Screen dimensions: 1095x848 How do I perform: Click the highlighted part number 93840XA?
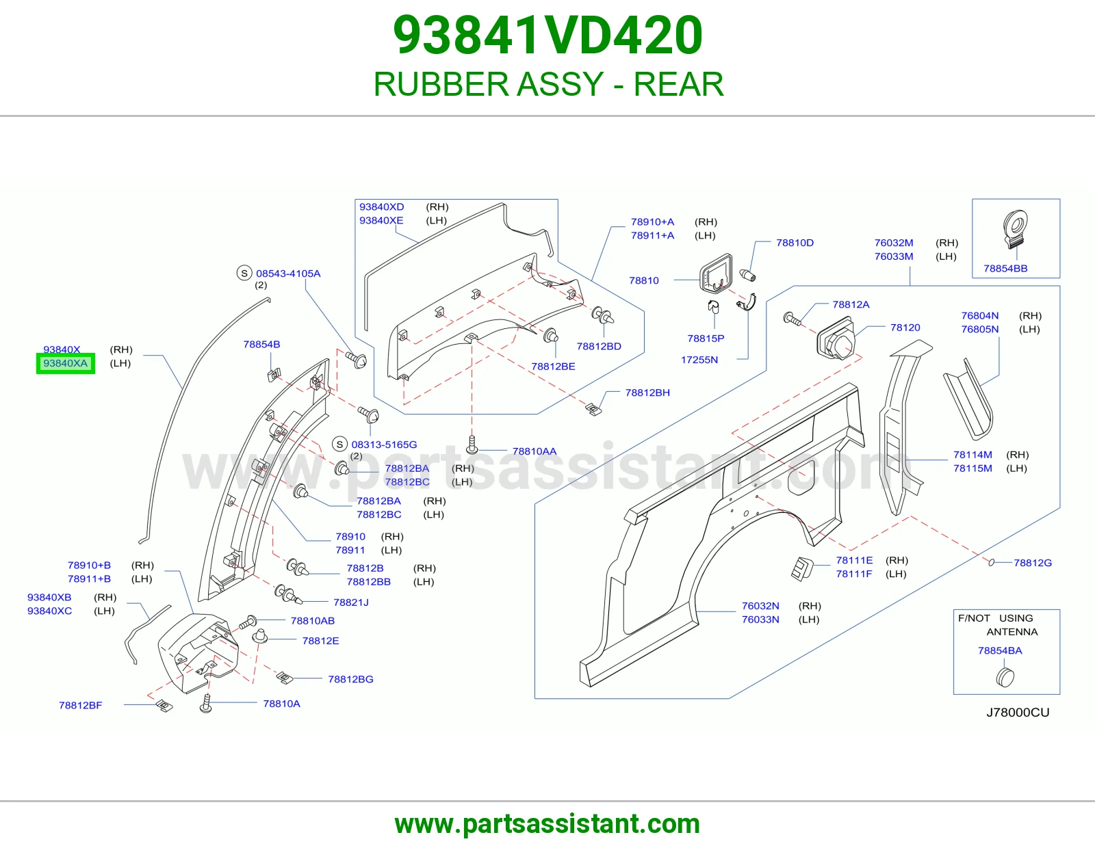click(66, 363)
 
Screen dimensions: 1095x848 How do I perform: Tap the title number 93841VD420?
click(547, 35)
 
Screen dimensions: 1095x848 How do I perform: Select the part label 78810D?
click(795, 243)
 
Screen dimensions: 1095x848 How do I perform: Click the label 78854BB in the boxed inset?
click(1005, 268)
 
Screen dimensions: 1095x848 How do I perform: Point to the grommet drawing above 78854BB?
click(1015, 229)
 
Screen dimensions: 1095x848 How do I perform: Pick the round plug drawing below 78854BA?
click(1005, 677)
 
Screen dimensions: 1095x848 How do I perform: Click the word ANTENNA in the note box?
click(1012, 631)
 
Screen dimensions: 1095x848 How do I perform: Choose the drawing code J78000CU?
click(1018, 713)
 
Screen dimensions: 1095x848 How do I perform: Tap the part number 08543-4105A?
click(288, 274)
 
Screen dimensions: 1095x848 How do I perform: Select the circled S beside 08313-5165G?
click(339, 444)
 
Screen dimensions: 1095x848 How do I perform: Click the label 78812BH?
click(647, 393)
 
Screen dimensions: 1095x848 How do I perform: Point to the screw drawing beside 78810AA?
click(472, 445)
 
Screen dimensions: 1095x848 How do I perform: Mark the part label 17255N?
click(699, 360)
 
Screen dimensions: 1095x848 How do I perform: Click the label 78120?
click(905, 328)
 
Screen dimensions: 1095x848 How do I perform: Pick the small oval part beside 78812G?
click(991, 562)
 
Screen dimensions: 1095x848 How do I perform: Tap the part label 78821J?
click(350, 602)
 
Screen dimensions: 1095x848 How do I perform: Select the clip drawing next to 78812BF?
click(164, 706)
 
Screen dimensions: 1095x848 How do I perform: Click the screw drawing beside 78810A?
click(205, 704)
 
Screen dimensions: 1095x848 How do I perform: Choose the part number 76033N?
click(760, 620)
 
